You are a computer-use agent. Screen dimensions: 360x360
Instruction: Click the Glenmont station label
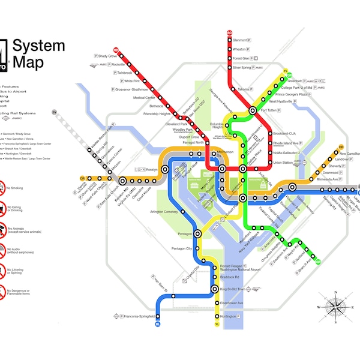click(243, 42)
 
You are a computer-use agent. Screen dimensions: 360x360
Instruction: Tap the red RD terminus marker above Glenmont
click(229, 33)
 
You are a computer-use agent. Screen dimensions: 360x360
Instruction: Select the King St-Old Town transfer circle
click(215, 289)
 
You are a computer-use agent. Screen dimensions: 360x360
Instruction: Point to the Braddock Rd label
click(230, 277)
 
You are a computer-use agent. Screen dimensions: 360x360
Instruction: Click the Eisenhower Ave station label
click(231, 303)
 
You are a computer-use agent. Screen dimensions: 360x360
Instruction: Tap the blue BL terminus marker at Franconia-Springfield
click(158, 324)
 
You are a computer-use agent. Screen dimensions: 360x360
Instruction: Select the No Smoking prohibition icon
click(2, 187)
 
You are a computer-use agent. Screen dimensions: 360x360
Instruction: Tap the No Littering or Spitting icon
click(2, 272)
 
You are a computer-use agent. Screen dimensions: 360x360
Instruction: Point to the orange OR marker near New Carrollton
click(341, 147)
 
